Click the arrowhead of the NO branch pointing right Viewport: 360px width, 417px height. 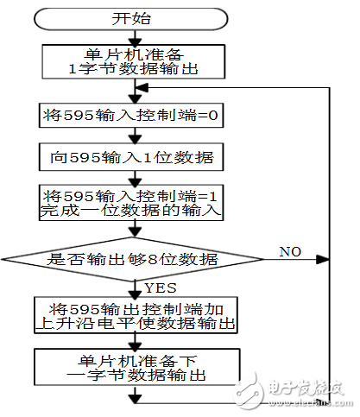[x=322, y=258]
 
